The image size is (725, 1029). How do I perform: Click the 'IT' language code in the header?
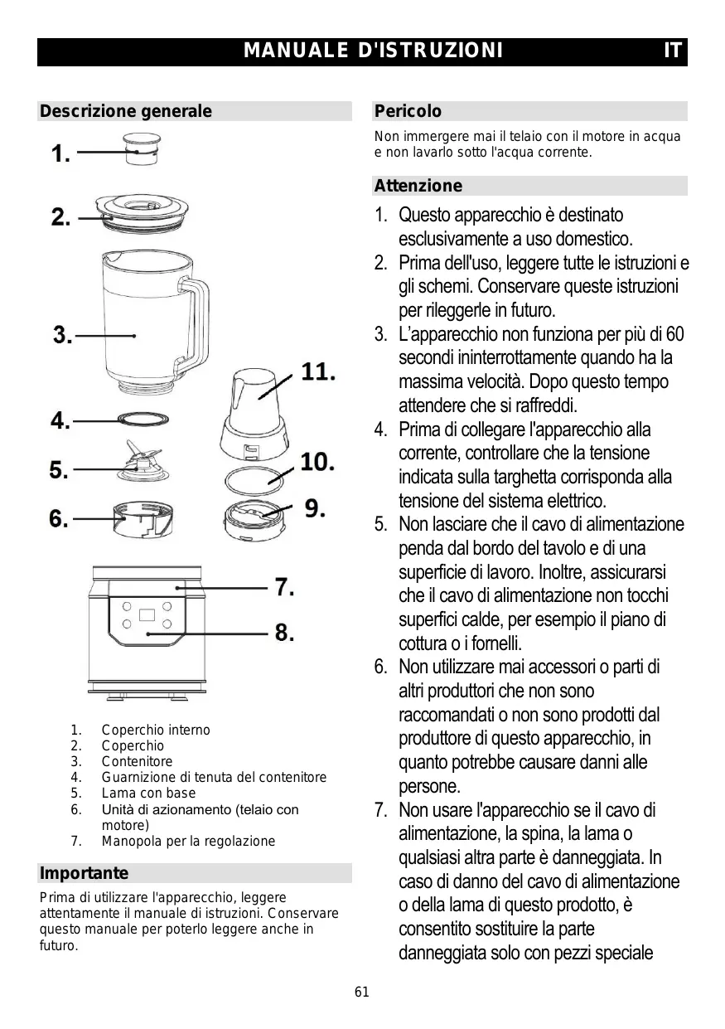point(673,51)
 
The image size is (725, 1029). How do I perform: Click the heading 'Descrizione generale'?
point(126,111)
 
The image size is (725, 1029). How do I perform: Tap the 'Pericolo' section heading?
point(408,111)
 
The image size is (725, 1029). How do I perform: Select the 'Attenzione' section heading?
point(418,186)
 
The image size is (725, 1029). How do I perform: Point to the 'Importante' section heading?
point(84,873)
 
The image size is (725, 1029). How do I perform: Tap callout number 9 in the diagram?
point(315,507)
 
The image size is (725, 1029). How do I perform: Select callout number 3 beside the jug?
point(63,336)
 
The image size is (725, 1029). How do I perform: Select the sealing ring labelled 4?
point(144,420)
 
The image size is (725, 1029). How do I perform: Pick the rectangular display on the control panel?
point(147,615)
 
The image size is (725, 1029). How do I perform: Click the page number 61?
point(361,992)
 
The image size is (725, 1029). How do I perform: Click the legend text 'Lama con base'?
point(148,794)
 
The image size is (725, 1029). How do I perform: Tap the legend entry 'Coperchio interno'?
point(156,730)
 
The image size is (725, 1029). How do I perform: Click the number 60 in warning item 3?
point(674,335)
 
